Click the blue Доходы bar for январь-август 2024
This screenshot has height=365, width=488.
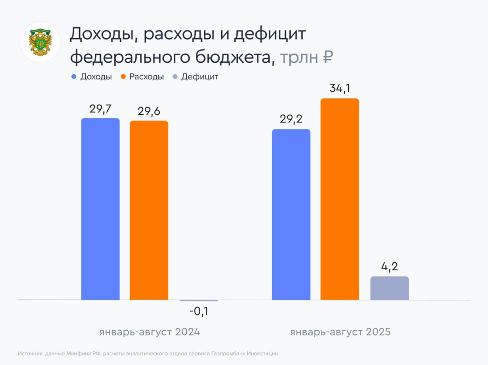[100, 209]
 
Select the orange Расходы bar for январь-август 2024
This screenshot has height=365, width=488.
[149, 210]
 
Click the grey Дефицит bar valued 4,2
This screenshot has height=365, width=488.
[389, 288]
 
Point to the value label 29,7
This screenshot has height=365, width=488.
[100, 109]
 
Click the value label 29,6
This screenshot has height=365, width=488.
[149, 111]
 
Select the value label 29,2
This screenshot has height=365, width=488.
[291, 119]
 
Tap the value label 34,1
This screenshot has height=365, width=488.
[339, 89]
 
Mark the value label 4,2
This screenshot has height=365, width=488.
[389, 266]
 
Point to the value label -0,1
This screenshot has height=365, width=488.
[199, 312]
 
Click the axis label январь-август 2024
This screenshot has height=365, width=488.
[150, 332]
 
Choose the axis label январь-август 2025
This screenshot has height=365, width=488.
[340, 332]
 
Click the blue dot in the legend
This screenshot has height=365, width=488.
[74, 77]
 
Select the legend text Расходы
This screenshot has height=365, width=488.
[146, 77]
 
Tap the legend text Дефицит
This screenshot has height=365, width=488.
[200, 77]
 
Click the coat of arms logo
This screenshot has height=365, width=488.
[40, 42]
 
